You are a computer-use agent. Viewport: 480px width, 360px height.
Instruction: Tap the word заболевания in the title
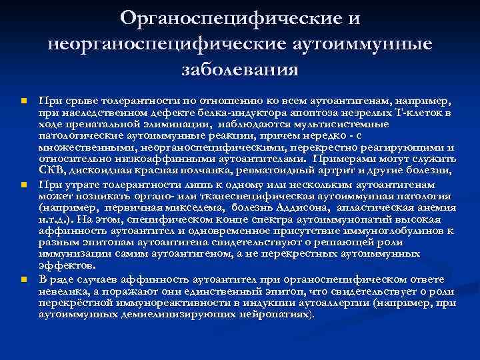[240, 69]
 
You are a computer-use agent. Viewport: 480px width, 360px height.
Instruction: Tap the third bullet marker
[23, 279]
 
